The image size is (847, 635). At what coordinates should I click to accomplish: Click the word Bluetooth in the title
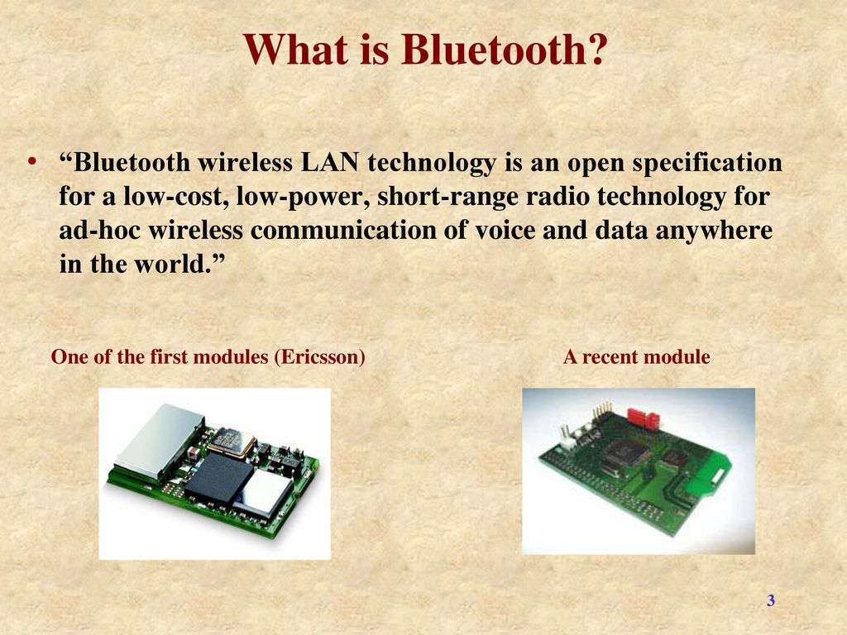493,49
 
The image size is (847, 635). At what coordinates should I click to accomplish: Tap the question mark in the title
597,49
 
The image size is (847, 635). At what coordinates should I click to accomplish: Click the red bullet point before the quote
33,161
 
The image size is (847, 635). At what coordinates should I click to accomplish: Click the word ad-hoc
100,230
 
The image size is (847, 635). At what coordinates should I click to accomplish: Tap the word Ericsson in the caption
319,357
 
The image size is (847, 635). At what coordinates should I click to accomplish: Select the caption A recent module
636,357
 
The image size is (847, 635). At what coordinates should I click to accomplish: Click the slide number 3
771,600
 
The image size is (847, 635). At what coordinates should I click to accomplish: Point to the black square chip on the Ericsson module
218,477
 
